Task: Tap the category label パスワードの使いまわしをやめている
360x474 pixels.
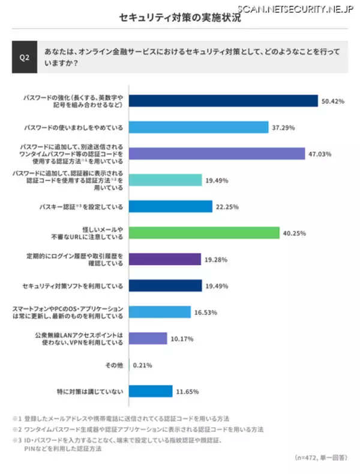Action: (73, 127)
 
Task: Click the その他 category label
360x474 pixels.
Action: (115, 365)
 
